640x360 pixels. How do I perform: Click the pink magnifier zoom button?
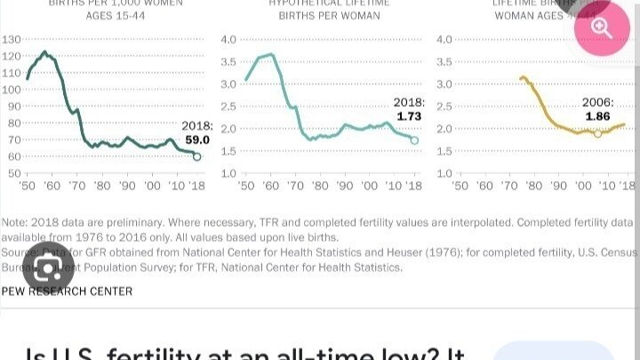click(603, 28)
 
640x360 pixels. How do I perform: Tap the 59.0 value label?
click(196, 140)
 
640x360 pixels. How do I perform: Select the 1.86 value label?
click(598, 116)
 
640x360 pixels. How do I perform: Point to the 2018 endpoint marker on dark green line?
click(197, 156)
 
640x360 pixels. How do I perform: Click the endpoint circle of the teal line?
click(414, 140)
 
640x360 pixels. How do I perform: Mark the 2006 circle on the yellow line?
click(597, 133)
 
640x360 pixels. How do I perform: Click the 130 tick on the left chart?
click(12, 40)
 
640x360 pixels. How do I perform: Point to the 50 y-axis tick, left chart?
click(14, 172)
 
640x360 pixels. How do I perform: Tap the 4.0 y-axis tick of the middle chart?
click(228, 40)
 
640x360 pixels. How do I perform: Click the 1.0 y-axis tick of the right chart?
click(444, 172)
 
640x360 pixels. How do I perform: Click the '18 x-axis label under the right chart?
click(628, 187)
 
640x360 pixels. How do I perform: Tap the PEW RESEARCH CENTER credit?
click(68, 291)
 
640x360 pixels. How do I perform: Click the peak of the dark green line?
click(44, 52)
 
